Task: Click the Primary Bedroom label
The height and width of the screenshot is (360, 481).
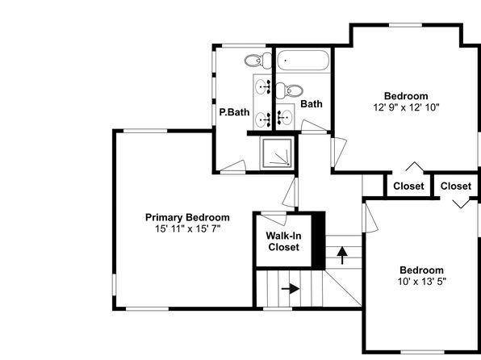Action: pyautogui.click(x=187, y=218)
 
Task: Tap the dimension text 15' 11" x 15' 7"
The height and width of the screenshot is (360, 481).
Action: pyautogui.click(x=187, y=228)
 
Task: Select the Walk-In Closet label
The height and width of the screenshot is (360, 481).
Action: pyautogui.click(x=283, y=241)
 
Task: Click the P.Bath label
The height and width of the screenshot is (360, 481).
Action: pyautogui.click(x=234, y=112)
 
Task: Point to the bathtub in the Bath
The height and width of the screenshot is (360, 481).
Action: pyautogui.click(x=303, y=61)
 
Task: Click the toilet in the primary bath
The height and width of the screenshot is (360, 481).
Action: pyautogui.click(x=258, y=61)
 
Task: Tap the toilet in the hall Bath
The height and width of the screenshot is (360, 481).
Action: pyautogui.click(x=289, y=90)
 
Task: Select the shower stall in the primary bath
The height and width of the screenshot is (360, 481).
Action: pyautogui.click(x=277, y=153)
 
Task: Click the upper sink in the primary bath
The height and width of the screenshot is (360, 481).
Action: pyautogui.click(x=263, y=87)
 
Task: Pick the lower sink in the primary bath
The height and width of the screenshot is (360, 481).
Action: pyautogui.click(x=263, y=119)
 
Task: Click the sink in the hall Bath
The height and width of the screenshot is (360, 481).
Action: pyautogui.click(x=285, y=118)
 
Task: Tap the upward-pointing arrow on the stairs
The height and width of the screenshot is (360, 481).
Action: pyautogui.click(x=342, y=255)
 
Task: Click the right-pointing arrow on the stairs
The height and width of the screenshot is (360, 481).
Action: pyautogui.click(x=291, y=289)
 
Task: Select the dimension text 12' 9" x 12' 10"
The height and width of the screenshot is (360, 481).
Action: pyautogui.click(x=406, y=107)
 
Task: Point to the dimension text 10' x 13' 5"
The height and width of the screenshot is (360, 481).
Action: pyautogui.click(x=422, y=282)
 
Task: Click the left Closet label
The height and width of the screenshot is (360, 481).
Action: pyautogui.click(x=408, y=186)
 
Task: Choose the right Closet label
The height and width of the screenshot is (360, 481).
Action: pyautogui.click(x=456, y=186)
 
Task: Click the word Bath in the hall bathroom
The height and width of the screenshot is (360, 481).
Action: pyautogui.click(x=312, y=104)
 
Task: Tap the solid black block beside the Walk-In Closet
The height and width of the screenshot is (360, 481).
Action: pyautogui.click(x=319, y=241)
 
